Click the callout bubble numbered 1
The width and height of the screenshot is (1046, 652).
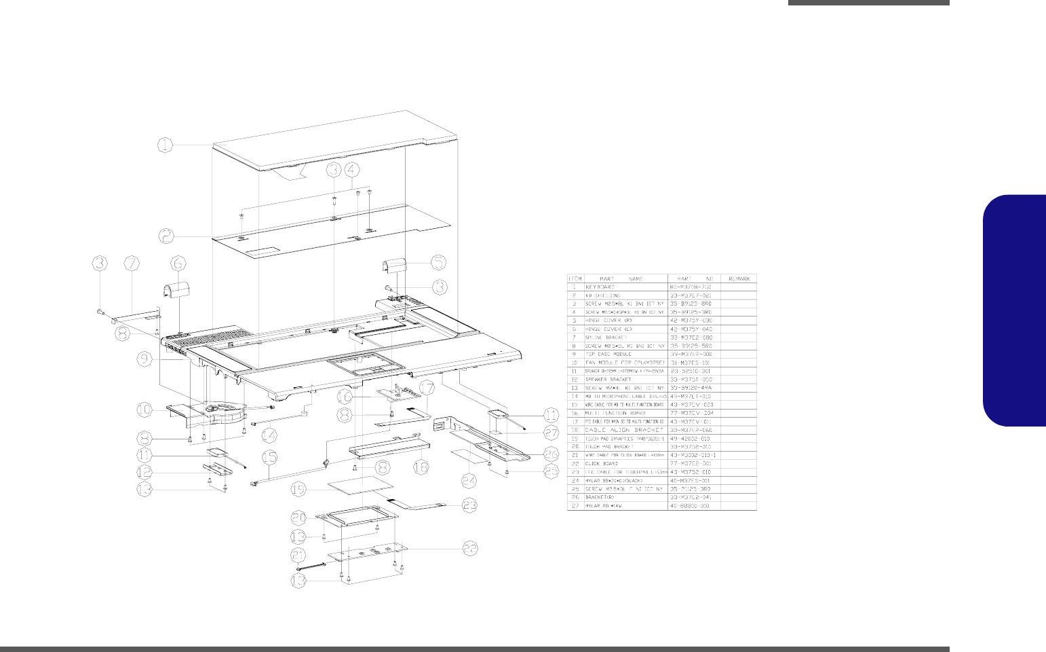167,144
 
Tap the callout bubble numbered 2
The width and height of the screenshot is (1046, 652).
167,236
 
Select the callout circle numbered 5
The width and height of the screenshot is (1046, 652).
439,261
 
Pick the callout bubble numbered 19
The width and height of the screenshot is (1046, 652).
296,489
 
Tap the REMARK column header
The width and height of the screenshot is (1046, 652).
739,278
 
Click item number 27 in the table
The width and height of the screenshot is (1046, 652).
575,506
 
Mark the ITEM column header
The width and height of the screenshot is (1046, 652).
575,278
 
